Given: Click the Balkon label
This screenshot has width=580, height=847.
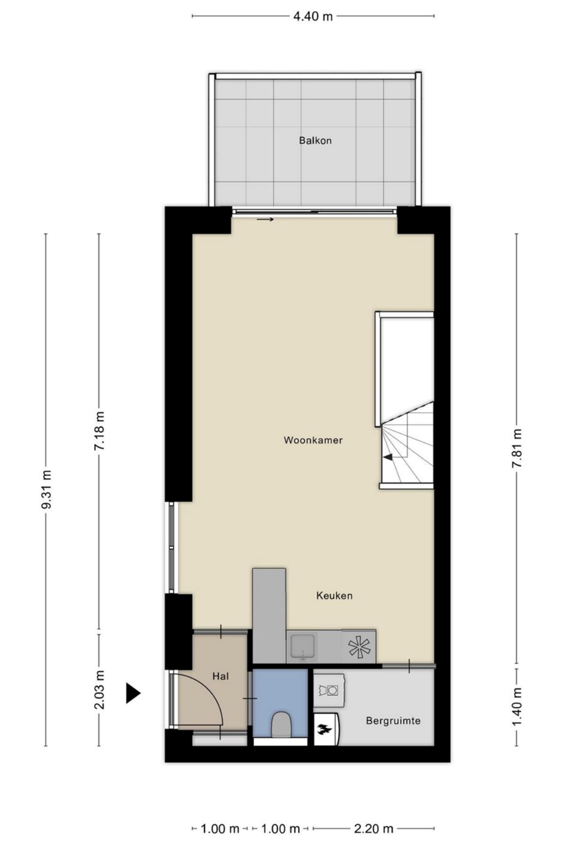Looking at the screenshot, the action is tap(315, 141).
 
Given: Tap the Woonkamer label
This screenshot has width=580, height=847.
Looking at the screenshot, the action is tap(313, 440).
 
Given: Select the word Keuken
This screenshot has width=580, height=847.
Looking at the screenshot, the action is tap(334, 596).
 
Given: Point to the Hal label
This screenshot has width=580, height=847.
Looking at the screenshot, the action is tap(221, 676).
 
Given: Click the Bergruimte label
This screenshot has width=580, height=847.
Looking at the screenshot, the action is tap(393, 721).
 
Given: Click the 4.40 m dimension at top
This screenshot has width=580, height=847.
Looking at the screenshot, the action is tap(313, 16).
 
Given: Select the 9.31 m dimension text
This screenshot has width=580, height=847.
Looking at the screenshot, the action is tap(46, 489).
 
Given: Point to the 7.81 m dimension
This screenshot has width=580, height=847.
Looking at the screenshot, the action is tap(517, 448).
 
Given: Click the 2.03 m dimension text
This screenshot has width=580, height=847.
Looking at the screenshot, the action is tap(99, 690).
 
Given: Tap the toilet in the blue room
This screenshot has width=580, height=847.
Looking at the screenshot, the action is tap(281, 723).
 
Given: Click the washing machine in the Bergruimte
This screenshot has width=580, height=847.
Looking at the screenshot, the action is tap(328, 690).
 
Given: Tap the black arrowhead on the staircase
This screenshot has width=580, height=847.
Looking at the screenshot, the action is tap(388, 457).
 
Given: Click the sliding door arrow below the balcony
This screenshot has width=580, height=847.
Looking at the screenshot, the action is tap(265, 219).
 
